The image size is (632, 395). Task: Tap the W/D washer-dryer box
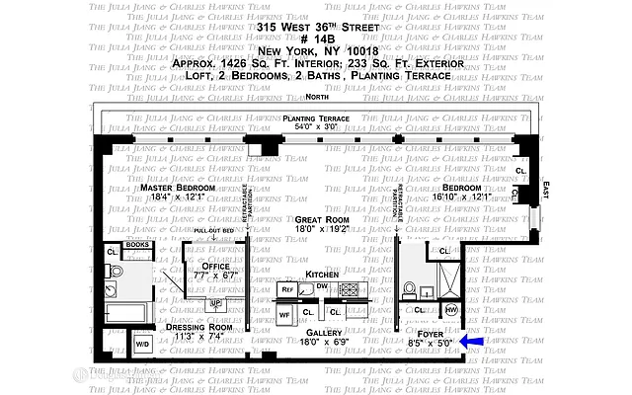click(141, 345)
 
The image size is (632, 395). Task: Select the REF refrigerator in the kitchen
click(287, 290)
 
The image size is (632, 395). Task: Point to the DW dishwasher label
click(322, 286)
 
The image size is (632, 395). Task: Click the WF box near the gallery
click(283, 314)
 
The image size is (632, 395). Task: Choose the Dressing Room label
click(197, 326)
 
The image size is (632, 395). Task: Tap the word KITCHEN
click(321, 274)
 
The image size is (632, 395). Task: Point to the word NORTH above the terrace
click(317, 98)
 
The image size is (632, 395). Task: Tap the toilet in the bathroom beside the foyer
click(410, 289)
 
